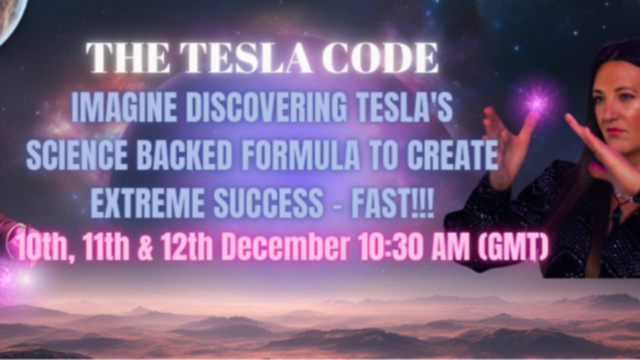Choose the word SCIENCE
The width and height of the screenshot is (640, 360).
[x=76, y=156]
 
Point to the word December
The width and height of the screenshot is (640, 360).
[x=285, y=246]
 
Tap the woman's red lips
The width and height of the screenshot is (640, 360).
[x=616, y=131]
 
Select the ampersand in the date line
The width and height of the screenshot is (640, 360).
[x=145, y=247]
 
